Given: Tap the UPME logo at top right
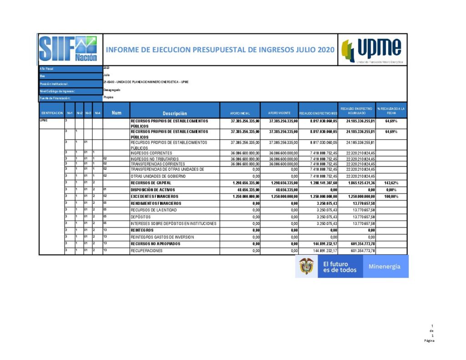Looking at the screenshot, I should [x=372, y=49].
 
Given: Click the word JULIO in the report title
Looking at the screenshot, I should [x=303, y=49].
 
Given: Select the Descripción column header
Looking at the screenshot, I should [x=175, y=113].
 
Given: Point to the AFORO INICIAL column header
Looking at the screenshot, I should [x=240, y=113].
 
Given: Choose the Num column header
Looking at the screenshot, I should [x=116, y=113].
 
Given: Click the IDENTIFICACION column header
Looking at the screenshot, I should [x=51, y=113].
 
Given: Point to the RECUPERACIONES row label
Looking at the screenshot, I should [x=147, y=251].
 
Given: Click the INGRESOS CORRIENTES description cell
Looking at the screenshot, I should [x=152, y=153].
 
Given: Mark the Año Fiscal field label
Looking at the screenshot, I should [x=47, y=69].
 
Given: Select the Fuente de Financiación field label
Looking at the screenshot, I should [x=55, y=98].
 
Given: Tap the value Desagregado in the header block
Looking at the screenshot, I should [x=112, y=90].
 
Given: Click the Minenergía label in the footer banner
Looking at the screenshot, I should [x=385, y=266].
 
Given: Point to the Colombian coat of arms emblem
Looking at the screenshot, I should [x=306, y=266].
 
